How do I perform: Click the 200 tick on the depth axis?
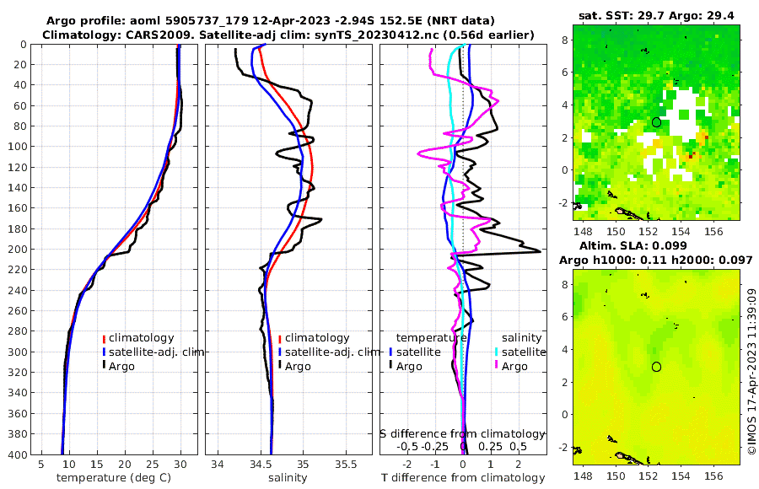(x=19, y=250)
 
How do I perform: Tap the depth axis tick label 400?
(x=19, y=454)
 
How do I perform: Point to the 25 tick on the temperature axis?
(x=153, y=464)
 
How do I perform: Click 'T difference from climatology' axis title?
(x=463, y=478)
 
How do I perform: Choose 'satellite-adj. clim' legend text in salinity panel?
(x=331, y=352)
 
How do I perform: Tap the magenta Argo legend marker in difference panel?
(x=497, y=366)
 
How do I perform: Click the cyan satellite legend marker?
(x=497, y=352)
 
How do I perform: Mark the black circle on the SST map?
(x=656, y=122)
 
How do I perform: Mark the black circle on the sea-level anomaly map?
(x=656, y=367)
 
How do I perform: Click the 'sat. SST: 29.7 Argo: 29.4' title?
(x=656, y=16)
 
